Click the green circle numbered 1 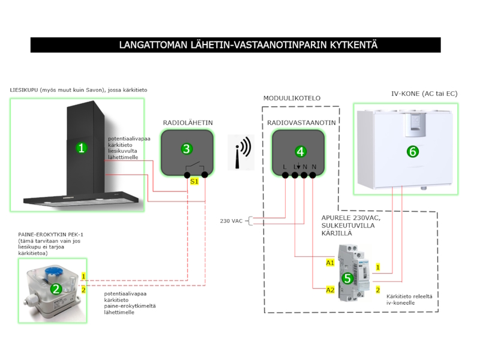(x=82, y=148)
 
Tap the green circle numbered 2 (x=56, y=289)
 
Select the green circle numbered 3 (x=187, y=148)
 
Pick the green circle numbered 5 (x=347, y=278)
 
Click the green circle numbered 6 (x=412, y=152)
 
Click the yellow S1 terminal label (x=194, y=181)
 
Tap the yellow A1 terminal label (x=330, y=263)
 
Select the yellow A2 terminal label (x=330, y=290)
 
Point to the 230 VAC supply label (x=232, y=221)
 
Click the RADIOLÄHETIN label (x=187, y=123)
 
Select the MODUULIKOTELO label (x=292, y=98)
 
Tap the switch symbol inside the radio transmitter (x=193, y=166)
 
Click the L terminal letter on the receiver (x=285, y=167)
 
